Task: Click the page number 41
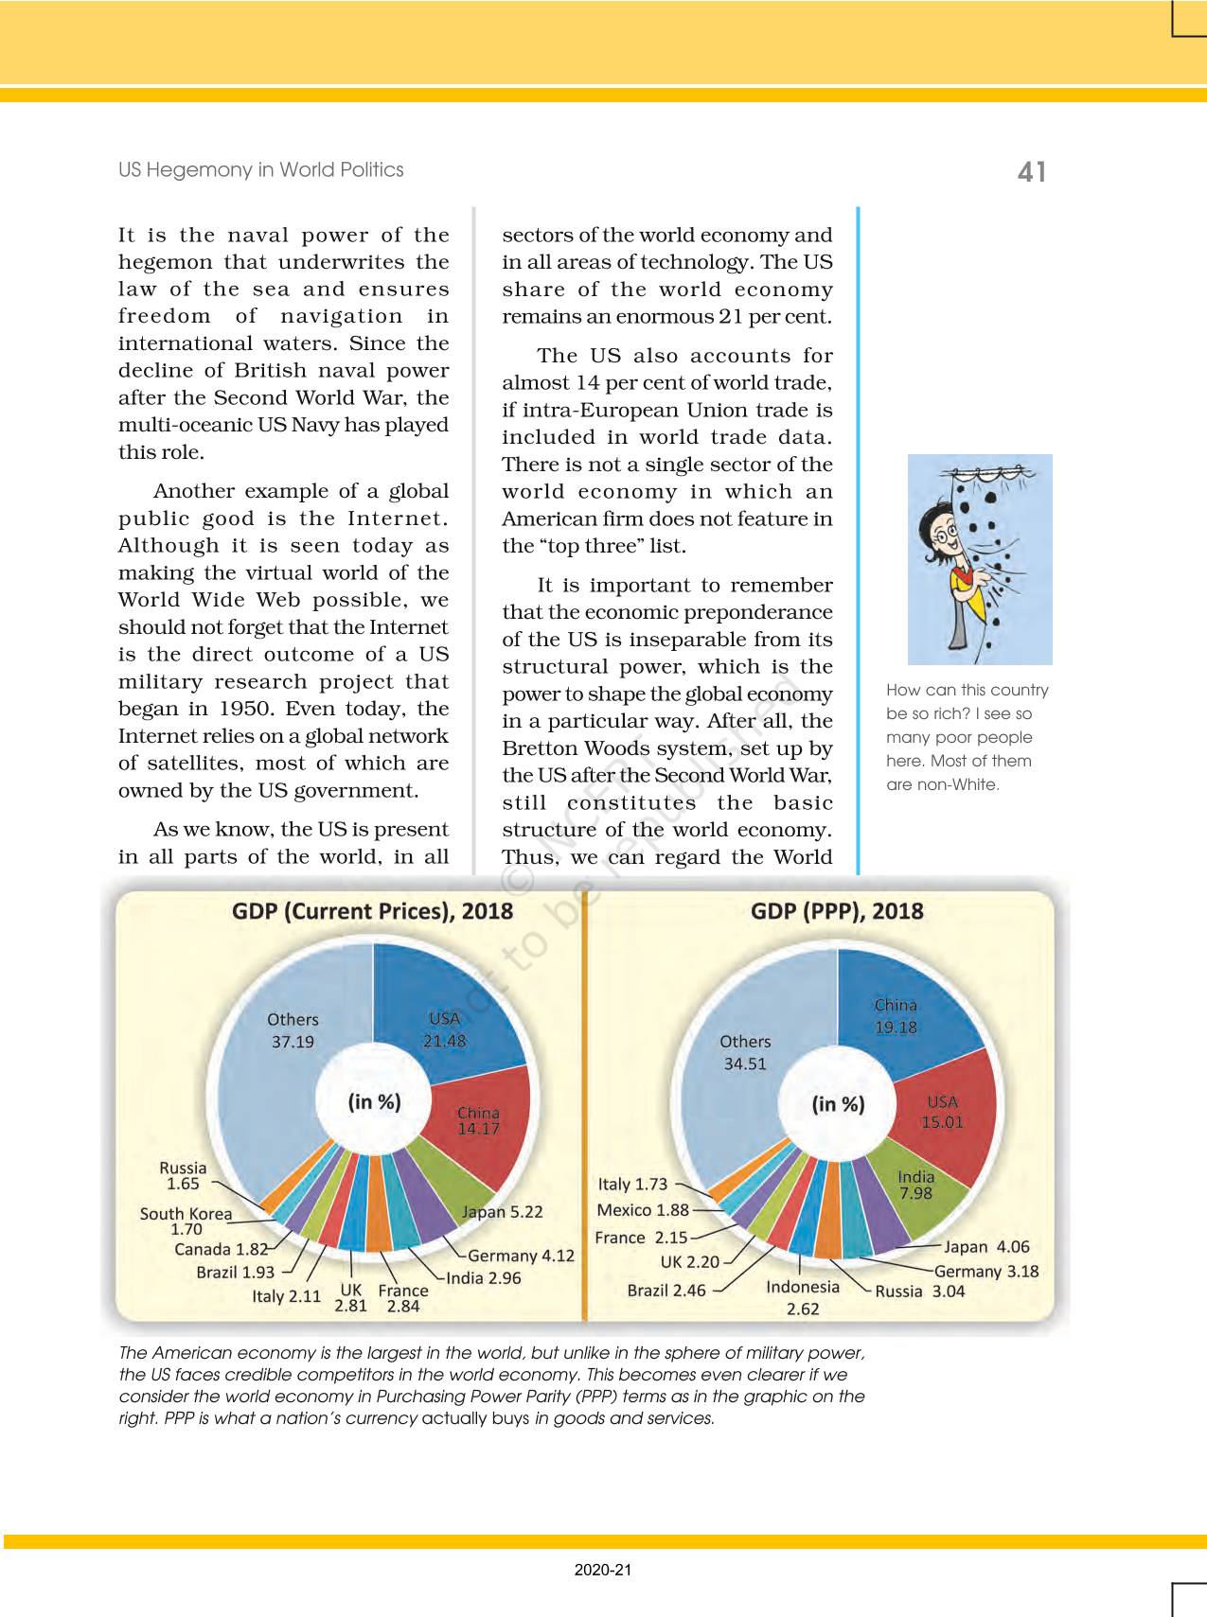[1031, 171]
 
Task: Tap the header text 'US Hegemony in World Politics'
[260, 170]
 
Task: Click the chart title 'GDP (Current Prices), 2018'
[372, 911]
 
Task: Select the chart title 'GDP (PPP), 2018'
[836, 911]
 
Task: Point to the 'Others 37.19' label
[293, 1030]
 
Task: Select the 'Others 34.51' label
[745, 1052]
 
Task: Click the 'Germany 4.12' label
[521, 1256]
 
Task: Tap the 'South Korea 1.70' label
[186, 1221]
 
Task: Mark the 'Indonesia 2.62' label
[803, 1297]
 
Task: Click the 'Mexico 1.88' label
[643, 1210]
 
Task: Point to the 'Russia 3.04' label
[919, 1292]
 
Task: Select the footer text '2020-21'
[603, 1570]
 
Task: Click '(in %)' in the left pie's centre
[374, 1101]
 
